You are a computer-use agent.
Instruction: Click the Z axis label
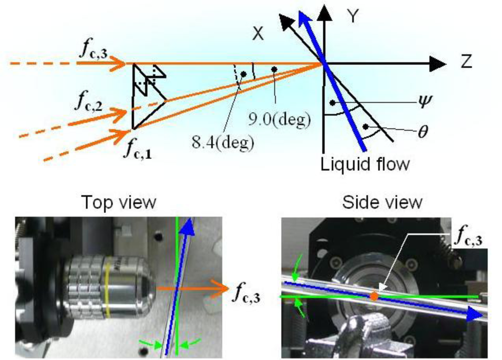pos(464,63)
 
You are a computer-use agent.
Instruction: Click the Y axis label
pos(354,17)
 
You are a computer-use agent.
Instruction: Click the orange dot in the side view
pos(374,297)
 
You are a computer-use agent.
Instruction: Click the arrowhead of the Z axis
pos(438,63)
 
